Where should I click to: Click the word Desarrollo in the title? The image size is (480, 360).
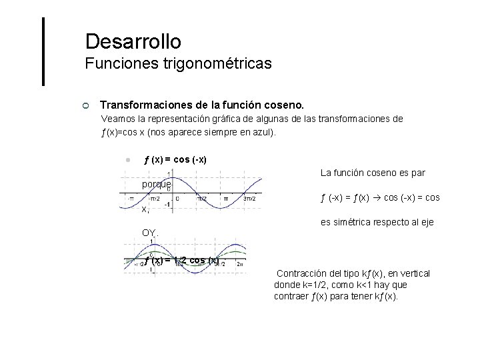[x=133, y=41]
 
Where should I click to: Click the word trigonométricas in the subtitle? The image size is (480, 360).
[x=222, y=64]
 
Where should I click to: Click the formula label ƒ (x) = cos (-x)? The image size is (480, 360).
[x=175, y=160]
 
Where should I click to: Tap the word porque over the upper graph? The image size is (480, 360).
[x=157, y=183]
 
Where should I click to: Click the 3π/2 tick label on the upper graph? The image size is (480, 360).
[x=250, y=198]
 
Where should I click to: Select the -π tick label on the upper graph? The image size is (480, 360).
[x=131, y=198]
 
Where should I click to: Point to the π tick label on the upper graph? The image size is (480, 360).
[x=225, y=198]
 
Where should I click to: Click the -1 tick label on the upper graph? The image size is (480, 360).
[x=168, y=205]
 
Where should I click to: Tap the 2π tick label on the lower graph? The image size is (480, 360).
[x=240, y=263]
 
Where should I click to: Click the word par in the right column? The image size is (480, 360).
[x=419, y=173]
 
